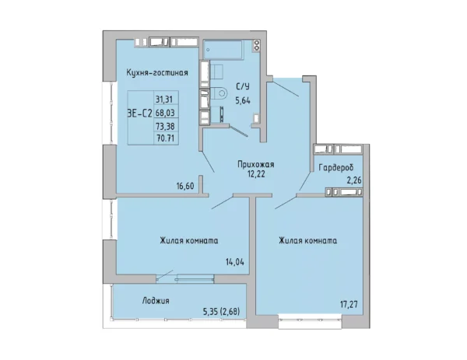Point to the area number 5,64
click(x=244, y=99)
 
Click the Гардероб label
click(x=336, y=168)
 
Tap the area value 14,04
click(x=212, y=264)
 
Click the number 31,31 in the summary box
click(x=163, y=100)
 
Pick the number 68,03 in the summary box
click(x=163, y=112)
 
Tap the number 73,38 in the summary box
click(x=163, y=126)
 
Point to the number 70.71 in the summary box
click(x=163, y=138)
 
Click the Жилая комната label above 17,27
click(x=307, y=241)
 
